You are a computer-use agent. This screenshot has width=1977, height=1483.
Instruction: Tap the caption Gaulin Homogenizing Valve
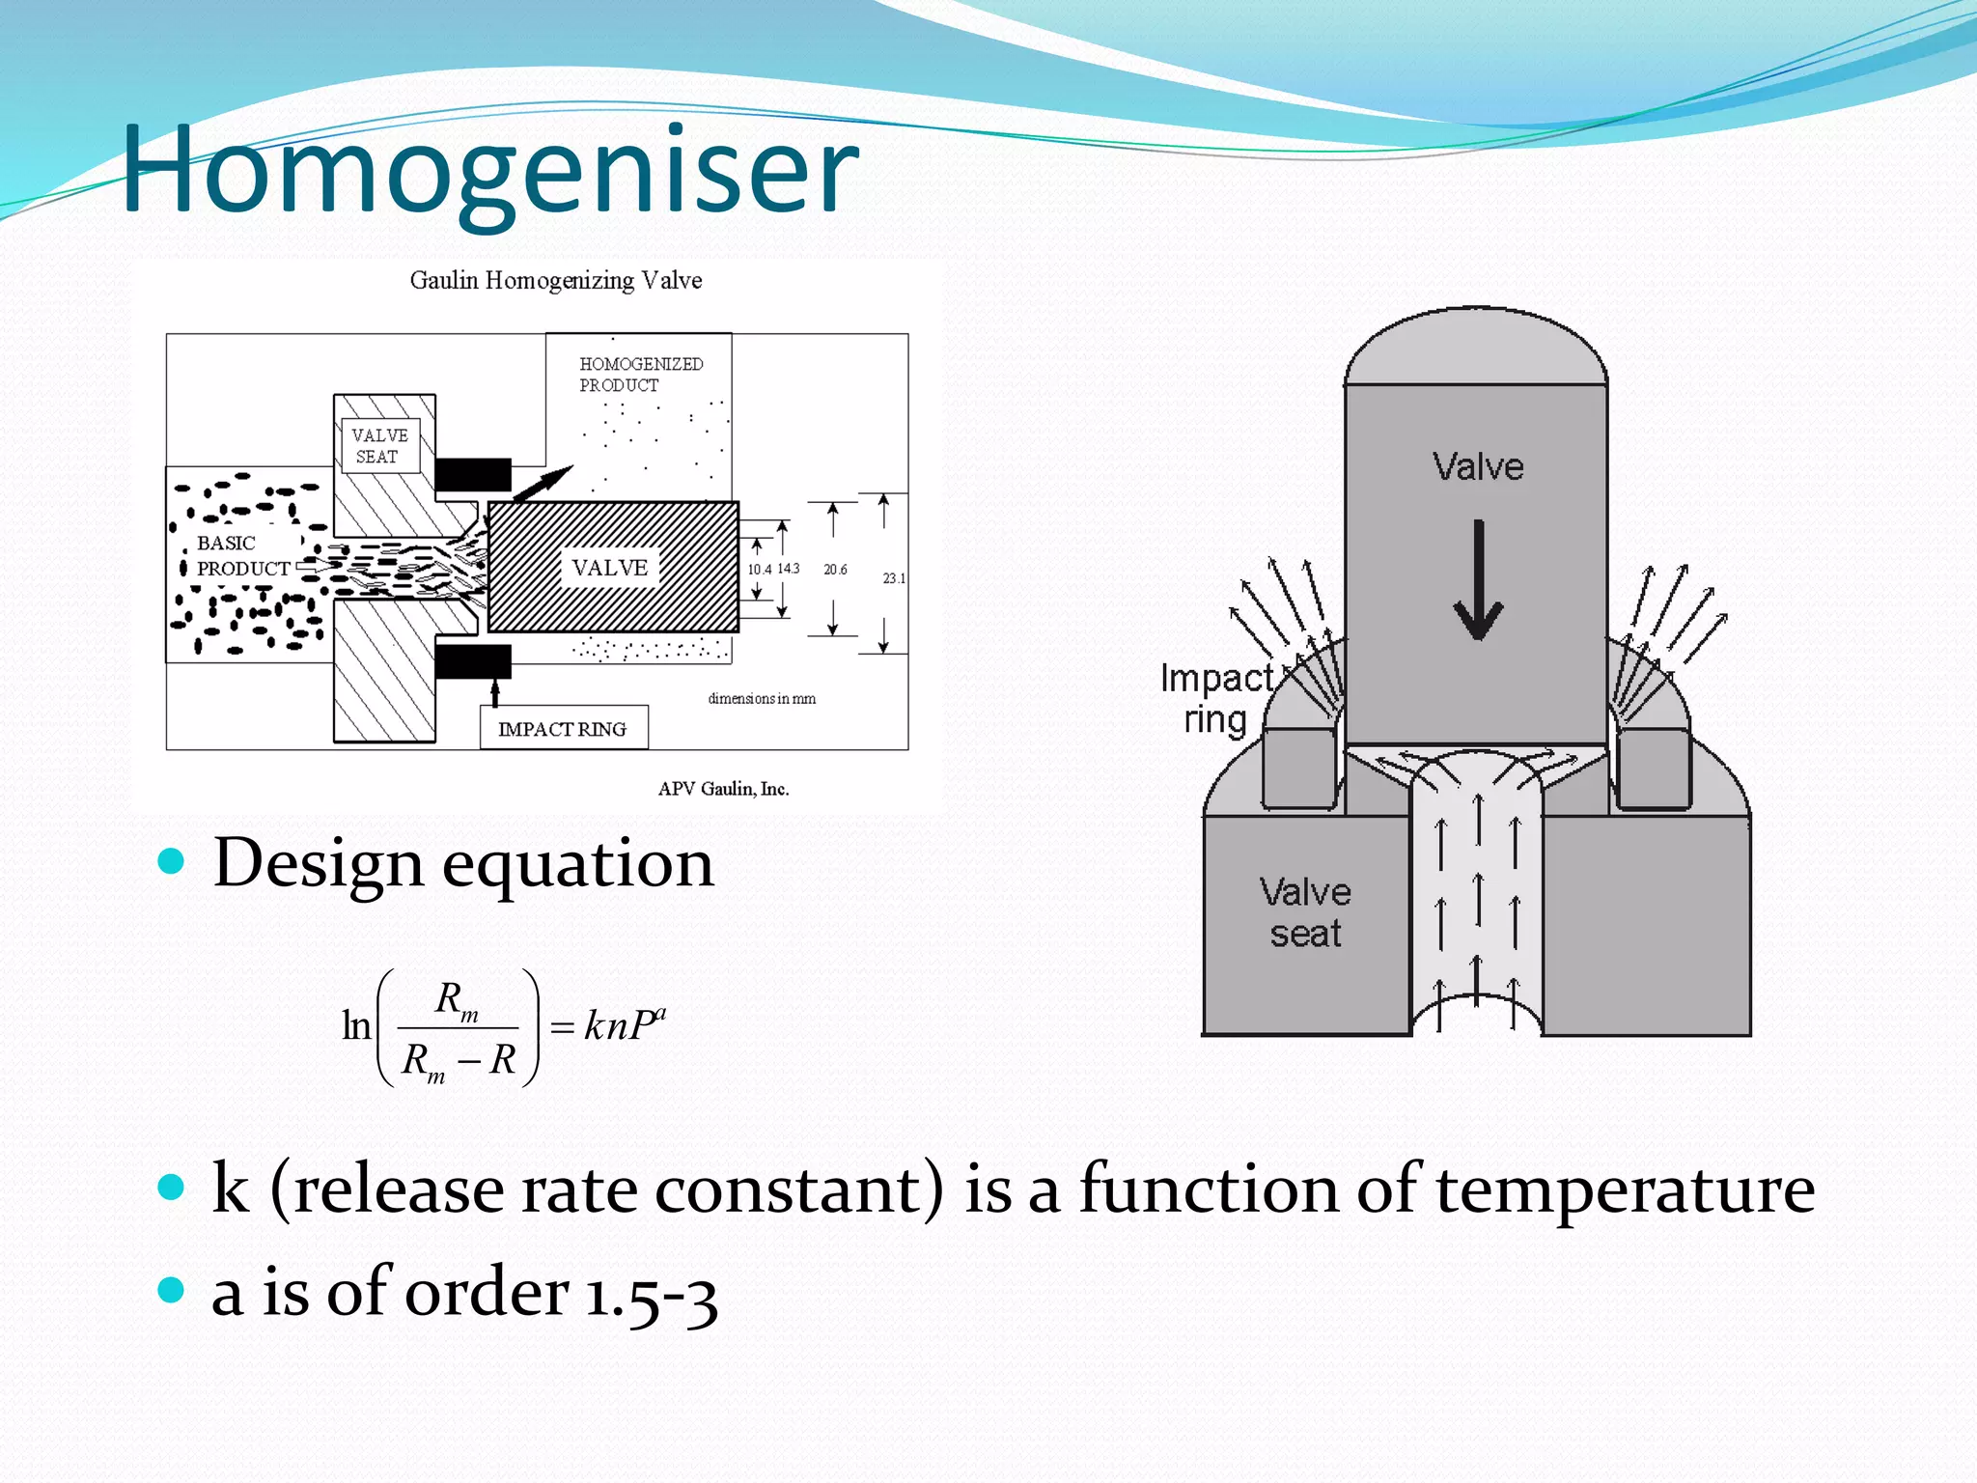[x=555, y=280]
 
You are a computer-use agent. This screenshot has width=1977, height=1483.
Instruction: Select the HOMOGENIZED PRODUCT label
[x=640, y=374]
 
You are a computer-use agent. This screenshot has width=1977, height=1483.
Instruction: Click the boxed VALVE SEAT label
[x=379, y=446]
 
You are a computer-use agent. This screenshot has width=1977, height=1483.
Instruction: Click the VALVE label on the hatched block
[x=609, y=568]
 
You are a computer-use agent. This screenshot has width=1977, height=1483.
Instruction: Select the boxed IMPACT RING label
[x=563, y=729]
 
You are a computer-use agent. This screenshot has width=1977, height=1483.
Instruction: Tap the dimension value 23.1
[x=894, y=578]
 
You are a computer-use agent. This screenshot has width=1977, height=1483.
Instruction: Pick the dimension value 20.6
[x=835, y=570]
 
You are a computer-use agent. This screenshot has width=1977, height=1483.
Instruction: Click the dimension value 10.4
[x=759, y=570]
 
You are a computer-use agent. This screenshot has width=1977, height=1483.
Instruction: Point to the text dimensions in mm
[x=762, y=698]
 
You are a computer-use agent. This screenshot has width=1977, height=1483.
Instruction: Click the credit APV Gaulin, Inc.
[x=723, y=789]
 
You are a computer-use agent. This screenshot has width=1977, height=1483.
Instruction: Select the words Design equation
[x=463, y=862]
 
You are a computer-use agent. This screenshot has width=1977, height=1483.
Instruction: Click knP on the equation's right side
[x=622, y=1025]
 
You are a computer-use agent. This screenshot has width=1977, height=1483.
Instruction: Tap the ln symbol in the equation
[x=356, y=1025]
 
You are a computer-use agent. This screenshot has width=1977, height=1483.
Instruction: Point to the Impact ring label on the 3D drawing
[x=1216, y=699]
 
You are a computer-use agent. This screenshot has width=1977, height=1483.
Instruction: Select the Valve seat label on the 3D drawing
[x=1305, y=912]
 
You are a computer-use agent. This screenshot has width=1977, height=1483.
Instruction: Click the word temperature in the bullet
[x=1625, y=1189]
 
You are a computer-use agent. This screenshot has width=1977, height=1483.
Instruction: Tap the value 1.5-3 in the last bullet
[x=652, y=1294]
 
